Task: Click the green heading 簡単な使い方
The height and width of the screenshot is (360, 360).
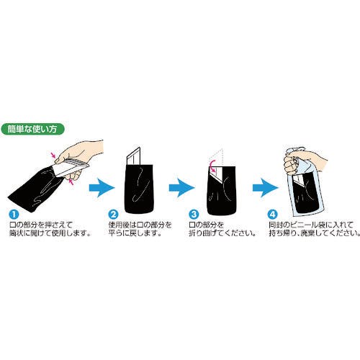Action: [x=33, y=129]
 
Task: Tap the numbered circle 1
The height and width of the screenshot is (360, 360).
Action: [x=14, y=214]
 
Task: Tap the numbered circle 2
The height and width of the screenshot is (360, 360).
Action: [x=113, y=214]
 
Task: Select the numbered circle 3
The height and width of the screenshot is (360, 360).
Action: [x=194, y=214]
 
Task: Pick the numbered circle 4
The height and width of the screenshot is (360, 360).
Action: [x=272, y=214]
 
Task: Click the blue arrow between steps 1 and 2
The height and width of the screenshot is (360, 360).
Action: [x=102, y=188]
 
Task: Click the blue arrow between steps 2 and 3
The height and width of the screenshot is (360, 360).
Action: [x=181, y=188]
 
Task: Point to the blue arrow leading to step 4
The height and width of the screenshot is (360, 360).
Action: [x=266, y=188]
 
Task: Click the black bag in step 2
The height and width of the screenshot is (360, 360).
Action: [x=139, y=189]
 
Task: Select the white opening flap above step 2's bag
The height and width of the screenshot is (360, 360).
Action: [x=133, y=156]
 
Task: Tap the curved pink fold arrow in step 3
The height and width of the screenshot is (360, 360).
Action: [x=211, y=167]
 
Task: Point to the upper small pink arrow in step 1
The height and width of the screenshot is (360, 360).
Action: [x=54, y=156]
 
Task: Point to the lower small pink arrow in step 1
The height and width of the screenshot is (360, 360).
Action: [x=71, y=182]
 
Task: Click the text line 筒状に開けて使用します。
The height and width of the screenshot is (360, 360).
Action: [x=50, y=233]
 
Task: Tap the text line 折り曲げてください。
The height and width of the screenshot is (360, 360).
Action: [x=222, y=233]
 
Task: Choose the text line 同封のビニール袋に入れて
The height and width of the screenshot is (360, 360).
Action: [x=311, y=225]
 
